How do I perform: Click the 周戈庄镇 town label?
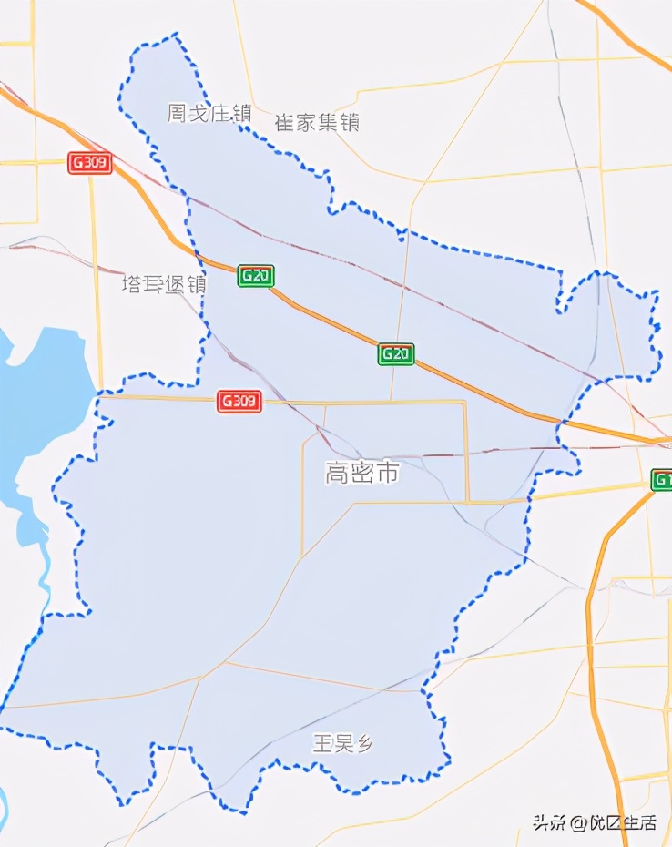209,113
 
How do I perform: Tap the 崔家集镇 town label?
317,122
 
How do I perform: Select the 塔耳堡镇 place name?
165,284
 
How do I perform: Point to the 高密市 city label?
362,473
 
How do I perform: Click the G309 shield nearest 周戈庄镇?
90,163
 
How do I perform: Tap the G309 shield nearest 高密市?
239,401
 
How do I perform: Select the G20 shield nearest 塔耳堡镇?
256,275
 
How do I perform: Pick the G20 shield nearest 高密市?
396,353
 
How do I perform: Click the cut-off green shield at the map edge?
662,480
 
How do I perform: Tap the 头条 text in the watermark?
550,822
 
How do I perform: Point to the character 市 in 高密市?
388,473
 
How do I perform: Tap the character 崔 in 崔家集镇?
284,122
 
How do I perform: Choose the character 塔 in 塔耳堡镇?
133,284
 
